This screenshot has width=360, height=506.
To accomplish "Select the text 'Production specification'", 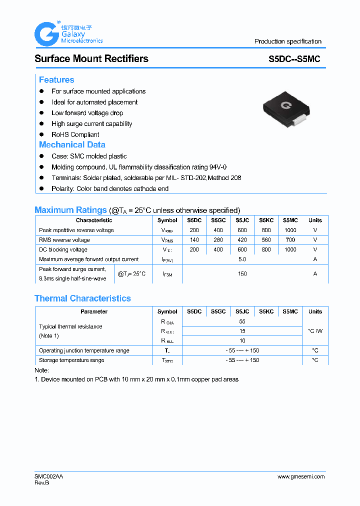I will (287, 41).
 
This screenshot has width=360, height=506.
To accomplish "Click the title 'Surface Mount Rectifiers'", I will (91, 58).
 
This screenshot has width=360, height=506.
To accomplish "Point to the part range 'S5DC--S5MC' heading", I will (294, 59).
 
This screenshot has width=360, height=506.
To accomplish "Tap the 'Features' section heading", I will (56, 80).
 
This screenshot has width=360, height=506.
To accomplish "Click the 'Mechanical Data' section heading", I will (72, 144).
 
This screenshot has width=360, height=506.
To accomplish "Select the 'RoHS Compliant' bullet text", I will (75, 134).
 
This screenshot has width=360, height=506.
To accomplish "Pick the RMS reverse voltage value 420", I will (242, 240).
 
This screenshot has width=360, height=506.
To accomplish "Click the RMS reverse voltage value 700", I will (290, 240).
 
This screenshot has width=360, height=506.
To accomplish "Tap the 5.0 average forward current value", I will (242, 259).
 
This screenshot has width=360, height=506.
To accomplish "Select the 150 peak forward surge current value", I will (242, 274).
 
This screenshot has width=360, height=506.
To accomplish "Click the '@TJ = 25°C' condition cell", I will (131, 274).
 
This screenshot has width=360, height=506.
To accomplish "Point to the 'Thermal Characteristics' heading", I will (82, 298).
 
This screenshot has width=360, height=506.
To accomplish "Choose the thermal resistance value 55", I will (242, 321).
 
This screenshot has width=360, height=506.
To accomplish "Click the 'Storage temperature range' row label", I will (71, 360).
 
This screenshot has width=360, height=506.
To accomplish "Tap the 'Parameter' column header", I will (94, 311).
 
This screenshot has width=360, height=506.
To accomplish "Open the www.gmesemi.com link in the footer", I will (301, 476).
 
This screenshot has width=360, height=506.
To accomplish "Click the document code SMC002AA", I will (49, 476).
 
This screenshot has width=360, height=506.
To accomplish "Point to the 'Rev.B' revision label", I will (42, 483).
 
